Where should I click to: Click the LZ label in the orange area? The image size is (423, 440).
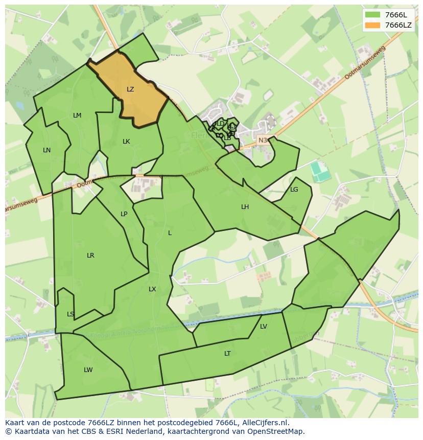[x=130, y=89]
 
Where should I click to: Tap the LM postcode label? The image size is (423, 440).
[x=77, y=115]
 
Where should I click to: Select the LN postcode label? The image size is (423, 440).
[x=46, y=150]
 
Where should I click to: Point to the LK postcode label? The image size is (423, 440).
[x=126, y=142]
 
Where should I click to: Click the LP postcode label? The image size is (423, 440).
[x=124, y=214]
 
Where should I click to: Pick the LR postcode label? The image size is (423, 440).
[x=90, y=256]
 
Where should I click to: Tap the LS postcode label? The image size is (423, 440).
[x=70, y=314]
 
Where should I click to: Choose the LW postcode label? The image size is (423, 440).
[x=88, y=370]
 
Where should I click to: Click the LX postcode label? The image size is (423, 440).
[x=152, y=289]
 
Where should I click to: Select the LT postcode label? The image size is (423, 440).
[x=227, y=354]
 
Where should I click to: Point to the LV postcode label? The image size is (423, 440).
[x=264, y=327]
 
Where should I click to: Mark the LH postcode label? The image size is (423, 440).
[x=245, y=207]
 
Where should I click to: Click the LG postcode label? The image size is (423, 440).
[x=294, y=190]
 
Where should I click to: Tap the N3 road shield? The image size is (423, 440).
[x=263, y=140]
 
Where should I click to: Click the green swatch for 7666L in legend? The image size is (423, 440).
[x=373, y=15]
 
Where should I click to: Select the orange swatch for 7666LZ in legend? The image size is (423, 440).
[x=373, y=25]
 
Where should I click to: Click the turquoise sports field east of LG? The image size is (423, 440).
[x=320, y=171]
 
